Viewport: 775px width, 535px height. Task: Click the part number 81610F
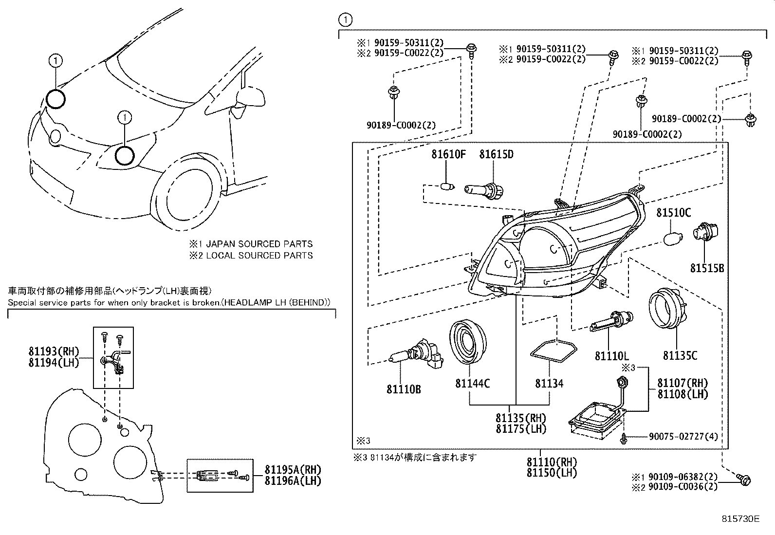pos(448,155)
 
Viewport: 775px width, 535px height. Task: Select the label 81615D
pos(496,155)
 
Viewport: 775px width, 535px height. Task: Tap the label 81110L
pos(611,356)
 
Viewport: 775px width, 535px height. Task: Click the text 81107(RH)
pos(683,383)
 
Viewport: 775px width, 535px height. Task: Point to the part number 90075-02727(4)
pos(683,437)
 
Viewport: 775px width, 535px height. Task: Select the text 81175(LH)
pos(521,429)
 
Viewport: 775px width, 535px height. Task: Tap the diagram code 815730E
pos(740,519)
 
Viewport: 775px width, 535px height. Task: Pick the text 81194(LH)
pos(54,363)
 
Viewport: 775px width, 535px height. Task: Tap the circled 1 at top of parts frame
pos(345,20)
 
